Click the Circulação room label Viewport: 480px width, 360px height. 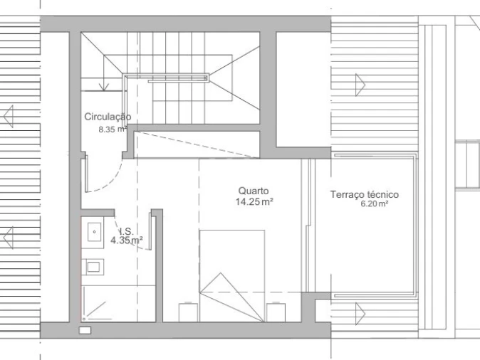click(x=108, y=117)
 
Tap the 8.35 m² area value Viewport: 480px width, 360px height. click(x=113, y=129)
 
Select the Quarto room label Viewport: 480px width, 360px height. click(x=254, y=191)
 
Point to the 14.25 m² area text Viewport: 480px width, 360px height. click(x=254, y=201)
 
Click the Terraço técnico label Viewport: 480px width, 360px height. click(x=365, y=194)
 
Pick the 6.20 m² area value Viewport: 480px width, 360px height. click(x=375, y=203)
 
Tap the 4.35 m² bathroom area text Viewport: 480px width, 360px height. click(x=127, y=240)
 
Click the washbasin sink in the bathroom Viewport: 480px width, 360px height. click(x=94, y=232)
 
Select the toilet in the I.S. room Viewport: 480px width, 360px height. click(x=93, y=267)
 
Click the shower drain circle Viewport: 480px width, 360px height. click(x=84, y=319)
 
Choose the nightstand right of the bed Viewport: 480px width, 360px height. click(x=276, y=312)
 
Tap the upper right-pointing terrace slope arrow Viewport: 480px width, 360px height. click(x=360, y=85)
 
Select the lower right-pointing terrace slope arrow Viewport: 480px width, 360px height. click(x=360, y=314)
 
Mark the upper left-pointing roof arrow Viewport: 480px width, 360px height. click(x=9, y=116)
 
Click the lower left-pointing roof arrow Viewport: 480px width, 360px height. click(x=9, y=238)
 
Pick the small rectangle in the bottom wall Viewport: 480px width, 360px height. click(x=85, y=330)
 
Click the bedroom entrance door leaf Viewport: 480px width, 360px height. click(x=86, y=174)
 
